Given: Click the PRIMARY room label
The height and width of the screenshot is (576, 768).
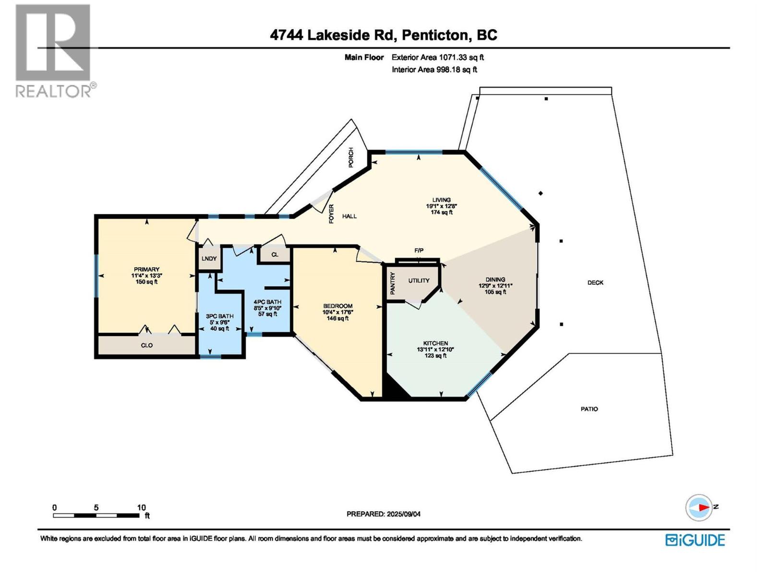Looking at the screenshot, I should pos(146,270).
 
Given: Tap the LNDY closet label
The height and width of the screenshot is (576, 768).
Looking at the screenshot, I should pos(209,259).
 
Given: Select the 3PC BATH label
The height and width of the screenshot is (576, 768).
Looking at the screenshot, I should pos(220,316).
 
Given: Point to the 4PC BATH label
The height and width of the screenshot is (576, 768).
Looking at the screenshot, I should pos(267,302).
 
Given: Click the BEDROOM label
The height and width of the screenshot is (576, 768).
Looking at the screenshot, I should pos(337,306).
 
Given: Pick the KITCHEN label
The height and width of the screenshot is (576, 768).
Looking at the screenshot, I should pos(435,343).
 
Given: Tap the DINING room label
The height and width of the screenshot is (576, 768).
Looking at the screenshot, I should pos(495,279).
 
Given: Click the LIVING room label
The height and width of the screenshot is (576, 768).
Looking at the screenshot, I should pos(441,200).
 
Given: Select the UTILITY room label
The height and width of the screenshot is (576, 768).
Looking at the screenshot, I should pos(419,281).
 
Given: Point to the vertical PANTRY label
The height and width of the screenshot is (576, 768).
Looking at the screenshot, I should pos(393,283).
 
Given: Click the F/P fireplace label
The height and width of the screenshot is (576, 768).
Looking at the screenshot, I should pos(419,251).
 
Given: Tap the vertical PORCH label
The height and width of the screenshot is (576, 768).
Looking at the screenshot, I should pos(351,157).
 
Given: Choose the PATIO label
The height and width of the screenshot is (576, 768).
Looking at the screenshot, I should pos(589,409).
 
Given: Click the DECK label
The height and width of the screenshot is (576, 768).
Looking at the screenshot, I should pos(595,283).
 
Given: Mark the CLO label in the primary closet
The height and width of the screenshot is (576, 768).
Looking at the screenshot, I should pos(147,345).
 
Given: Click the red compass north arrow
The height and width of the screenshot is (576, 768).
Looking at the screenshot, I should pos(704,507).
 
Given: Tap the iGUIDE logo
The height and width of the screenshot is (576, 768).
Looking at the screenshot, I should pos(695,540).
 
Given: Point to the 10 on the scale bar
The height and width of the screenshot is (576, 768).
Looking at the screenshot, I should pos(141,507).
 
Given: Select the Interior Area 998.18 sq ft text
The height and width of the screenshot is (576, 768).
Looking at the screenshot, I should pos(434,70).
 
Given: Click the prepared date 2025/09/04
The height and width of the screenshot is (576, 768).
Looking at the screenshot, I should pos(403,514).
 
